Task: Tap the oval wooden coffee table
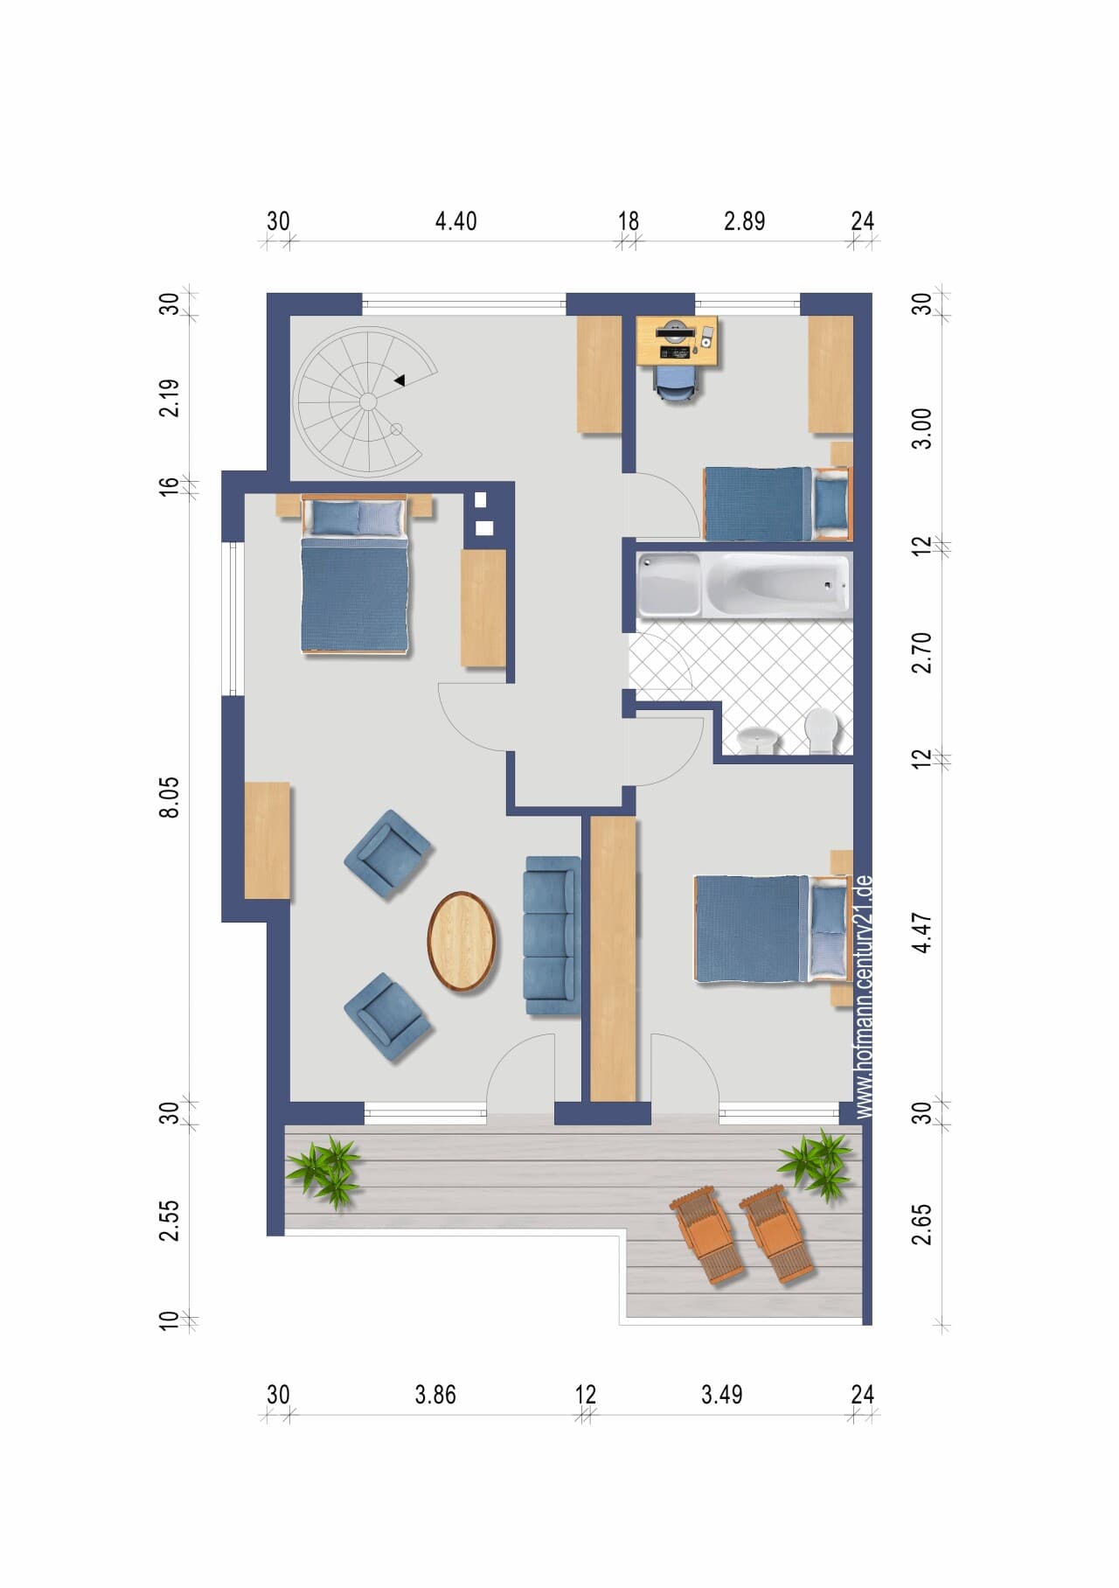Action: pyautogui.click(x=462, y=941)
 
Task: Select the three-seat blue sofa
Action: pyautogui.click(x=552, y=936)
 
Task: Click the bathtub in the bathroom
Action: pyautogui.click(x=777, y=585)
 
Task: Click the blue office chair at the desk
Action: pyautogui.click(x=677, y=382)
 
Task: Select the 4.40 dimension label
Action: pyautogui.click(x=456, y=221)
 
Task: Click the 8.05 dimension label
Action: pyautogui.click(x=170, y=797)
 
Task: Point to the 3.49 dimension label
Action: pyautogui.click(x=722, y=1395)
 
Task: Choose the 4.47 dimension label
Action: pyautogui.click(x=922, y=933)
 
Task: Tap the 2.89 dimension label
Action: pyautogui.click(x=745, y=221)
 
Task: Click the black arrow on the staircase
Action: pyautogui.click(x=399, y=380)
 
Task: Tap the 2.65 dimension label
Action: pyautogui.click(x=922, y=1224)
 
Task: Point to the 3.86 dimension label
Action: pyautogui.click(x=435, y=1395)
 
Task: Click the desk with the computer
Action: pyautogui.click(x=678, y=341)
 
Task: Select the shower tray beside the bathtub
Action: pyautogui.click(x=669, y=585)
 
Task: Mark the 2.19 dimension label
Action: pyautogui.click(x=170, y=397)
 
